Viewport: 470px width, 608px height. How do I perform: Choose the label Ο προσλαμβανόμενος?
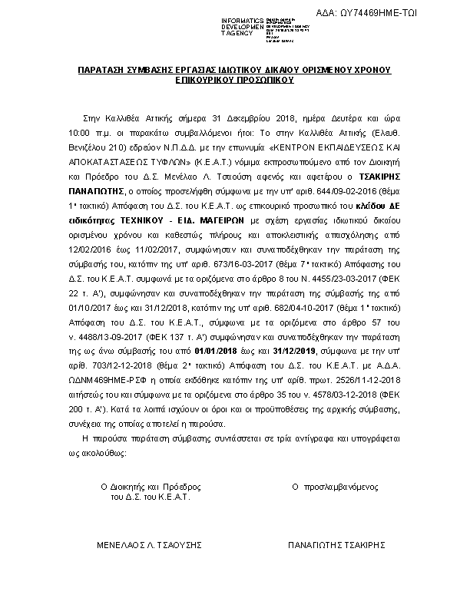(336, 487)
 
